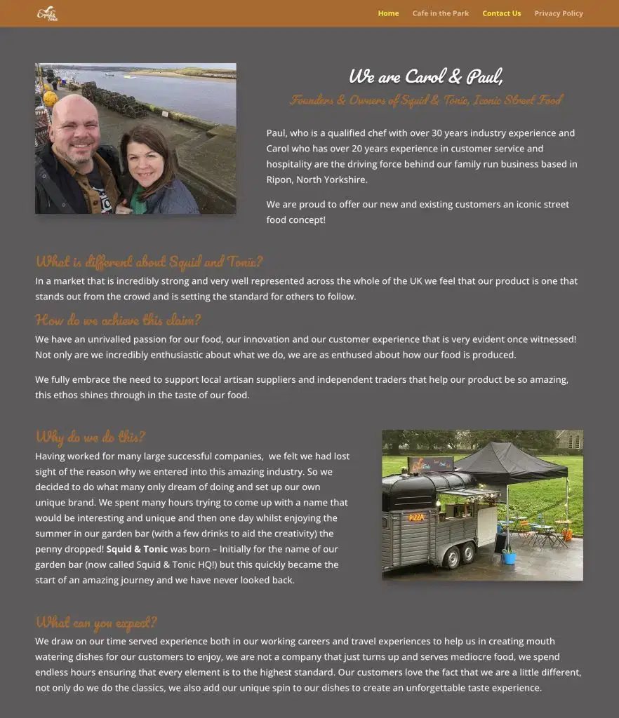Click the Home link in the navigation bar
pyautogui.click(x=388, y=13)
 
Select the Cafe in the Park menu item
pyautogui.click(x=441, y=13)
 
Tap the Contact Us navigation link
pyautogui.click(x=502, y=13)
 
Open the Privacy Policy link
pyautogui.click(x=559, y=13)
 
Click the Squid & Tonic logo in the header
pyautogui.click(x=48, y=13)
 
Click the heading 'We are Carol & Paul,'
pyautogui.click(x=426, y=76)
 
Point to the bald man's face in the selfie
pyautogui.click(x=74, y=130)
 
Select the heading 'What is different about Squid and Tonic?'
pyautogui.click(x=149, y=262)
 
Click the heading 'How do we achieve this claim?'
pyautogui.click(x=118, y=320)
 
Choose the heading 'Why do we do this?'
pyautogui.click(x=91, y=437)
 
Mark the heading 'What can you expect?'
pyautogui.click(x=96, y=623)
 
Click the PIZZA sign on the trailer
pyautogui.click(x=416, y=517)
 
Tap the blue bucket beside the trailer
pyautogui.click(x=509, y=557)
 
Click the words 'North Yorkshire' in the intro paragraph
pyautogui.click(x=332, y=179)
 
